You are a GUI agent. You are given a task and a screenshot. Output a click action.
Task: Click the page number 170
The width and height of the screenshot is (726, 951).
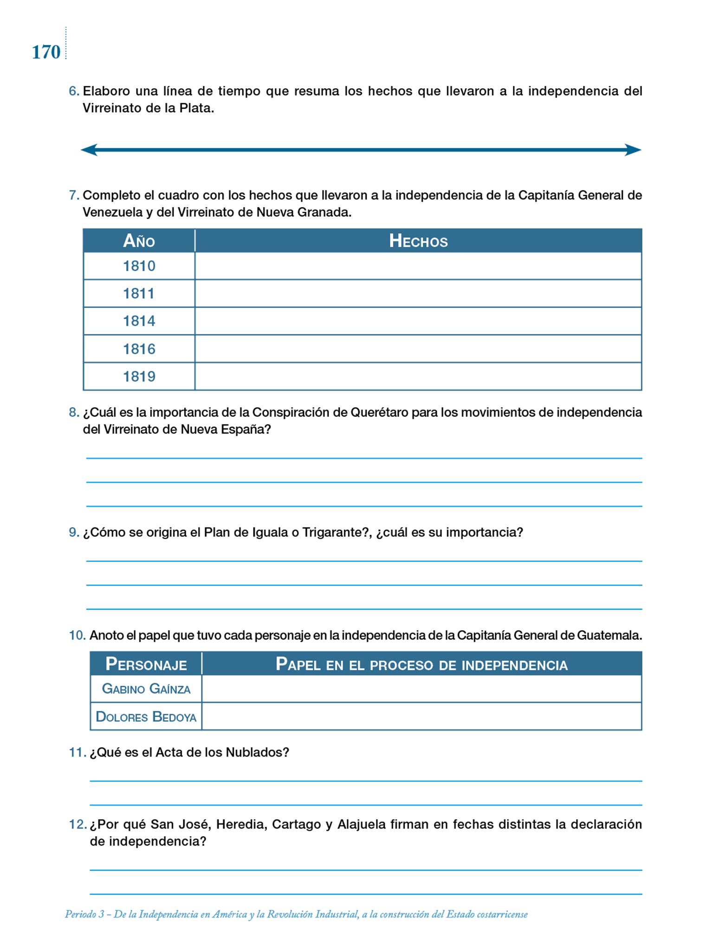click(46, 52)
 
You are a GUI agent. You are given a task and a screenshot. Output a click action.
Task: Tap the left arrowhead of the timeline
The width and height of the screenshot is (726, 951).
click(90, 150)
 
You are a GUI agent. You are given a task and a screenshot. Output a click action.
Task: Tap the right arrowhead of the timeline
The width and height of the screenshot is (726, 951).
click(633, 150)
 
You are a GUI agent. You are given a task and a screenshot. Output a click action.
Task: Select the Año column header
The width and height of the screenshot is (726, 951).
click(139, 241)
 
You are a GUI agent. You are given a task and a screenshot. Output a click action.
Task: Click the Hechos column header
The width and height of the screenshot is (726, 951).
click(418, 241)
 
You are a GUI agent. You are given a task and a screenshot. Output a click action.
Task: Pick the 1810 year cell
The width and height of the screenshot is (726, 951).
click(139, 266)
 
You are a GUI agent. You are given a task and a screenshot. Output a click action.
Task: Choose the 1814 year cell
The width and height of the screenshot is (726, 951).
click(139, 321)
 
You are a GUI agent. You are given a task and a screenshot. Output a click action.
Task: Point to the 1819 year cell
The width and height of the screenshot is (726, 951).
click(139, 376)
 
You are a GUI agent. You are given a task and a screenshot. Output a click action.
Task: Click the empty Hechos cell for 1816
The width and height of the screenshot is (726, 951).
click(418, 349)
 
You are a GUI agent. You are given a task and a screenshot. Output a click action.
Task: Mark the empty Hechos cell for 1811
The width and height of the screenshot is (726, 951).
click(418, 293)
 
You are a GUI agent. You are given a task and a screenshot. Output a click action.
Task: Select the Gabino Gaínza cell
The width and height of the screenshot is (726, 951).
click(146, 689)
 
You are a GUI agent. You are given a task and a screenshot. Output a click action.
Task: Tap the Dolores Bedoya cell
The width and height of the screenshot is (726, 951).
click(146, 717)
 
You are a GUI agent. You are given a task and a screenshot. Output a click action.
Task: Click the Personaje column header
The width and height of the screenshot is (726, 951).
click(146, 664)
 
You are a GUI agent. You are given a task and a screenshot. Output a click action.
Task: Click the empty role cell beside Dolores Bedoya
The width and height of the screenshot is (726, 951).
click(421, 717)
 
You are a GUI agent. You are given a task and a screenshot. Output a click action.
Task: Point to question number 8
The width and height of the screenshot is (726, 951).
click(74, 412)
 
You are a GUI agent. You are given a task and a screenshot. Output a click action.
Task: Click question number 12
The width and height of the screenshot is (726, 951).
click(78, 824)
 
